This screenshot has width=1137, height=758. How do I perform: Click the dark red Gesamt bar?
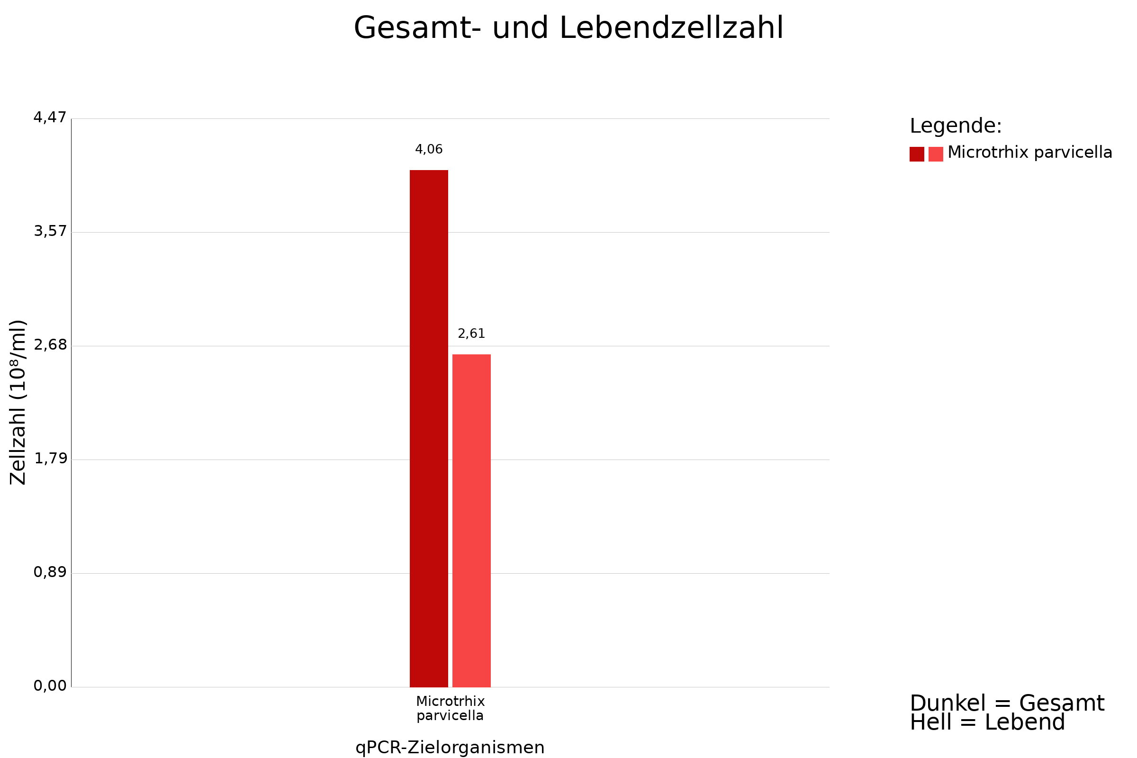point(429,428)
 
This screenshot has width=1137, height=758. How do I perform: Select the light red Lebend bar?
point(471,521)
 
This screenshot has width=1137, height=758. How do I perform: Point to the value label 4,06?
point(429,149)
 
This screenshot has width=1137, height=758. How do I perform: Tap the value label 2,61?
point(471,334)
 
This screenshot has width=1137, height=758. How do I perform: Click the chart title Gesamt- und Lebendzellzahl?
point(568,28)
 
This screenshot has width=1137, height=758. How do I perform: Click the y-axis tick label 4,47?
point(50,117)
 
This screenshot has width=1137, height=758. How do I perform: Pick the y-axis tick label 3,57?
point(50,232)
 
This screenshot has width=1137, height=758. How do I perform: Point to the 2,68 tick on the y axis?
point(50,345)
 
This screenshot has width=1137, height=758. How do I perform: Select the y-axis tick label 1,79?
point(50,459)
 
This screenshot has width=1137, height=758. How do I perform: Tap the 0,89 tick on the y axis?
point(50,572)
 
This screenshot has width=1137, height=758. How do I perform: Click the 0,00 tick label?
point(50,686)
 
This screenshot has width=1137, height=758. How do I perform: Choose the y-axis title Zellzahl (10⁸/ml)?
point(18,402)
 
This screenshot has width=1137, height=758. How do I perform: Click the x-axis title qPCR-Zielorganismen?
point(450,748)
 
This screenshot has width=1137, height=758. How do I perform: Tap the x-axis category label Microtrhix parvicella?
point(450,708)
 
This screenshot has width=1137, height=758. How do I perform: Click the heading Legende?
point(956,126)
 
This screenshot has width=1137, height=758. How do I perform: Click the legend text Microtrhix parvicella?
point(1029,153)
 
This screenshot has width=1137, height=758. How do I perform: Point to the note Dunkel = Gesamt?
point(1007,704)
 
